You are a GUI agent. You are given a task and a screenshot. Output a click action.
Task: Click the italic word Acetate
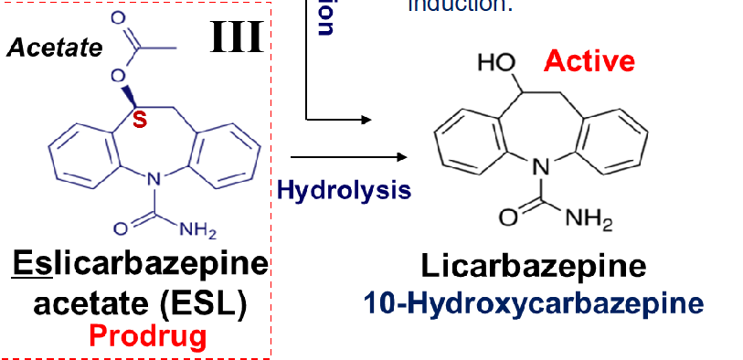[55, 48]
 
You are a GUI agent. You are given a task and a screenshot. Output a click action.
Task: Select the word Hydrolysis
[344, 190]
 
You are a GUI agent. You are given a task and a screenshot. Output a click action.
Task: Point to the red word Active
[589, 61]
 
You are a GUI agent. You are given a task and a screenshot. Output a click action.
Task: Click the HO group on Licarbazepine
[497, 65]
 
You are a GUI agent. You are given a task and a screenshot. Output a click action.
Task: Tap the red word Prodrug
[147, 336]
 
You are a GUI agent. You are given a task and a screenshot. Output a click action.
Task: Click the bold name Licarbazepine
[534, 266]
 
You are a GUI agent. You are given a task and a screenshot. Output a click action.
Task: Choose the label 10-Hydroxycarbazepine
[534, 302]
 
